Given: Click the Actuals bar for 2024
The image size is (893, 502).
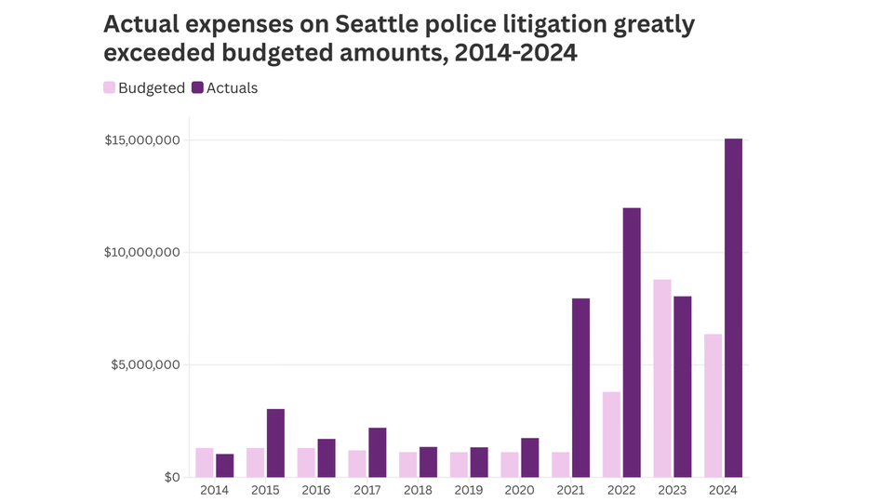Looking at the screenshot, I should (733, 308).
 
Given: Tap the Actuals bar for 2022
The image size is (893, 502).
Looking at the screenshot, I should (632, 342).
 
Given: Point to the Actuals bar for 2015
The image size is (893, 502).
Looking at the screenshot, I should (275, 443).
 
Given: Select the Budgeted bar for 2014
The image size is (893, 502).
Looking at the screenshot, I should (205, 462).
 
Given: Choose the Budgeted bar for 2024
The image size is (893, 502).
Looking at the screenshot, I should (713, 405).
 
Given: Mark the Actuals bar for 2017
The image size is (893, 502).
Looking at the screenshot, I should (377, 452).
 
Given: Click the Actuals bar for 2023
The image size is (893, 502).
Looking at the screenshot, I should (683, 387).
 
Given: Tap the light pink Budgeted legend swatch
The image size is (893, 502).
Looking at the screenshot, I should (109, 88).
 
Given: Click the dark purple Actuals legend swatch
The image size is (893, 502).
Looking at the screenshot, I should (197, 88).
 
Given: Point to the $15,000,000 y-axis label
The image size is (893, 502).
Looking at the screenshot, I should (142, 140).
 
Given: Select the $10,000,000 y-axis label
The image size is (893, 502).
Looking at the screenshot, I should (142, 253).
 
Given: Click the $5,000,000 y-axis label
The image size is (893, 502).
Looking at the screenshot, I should (146, 365).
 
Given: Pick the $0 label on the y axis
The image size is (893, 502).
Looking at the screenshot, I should (172, 478).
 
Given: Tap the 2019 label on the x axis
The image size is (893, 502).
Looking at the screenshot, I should (469, 491).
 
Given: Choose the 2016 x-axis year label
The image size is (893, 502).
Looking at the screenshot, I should (316, 491).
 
